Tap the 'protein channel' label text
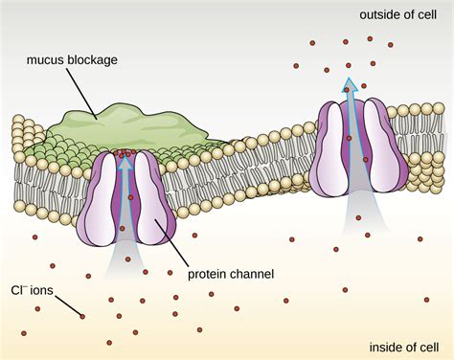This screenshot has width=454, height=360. (232, 274)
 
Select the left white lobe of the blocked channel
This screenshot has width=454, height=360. (102, 191)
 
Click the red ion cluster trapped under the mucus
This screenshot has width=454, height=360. (122, 152)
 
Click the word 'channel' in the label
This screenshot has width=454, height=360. (253, 274)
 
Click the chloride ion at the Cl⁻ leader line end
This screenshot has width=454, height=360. (83, 317)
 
